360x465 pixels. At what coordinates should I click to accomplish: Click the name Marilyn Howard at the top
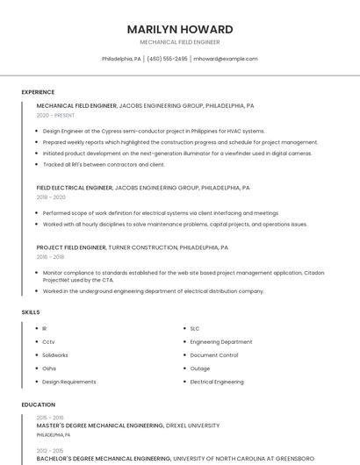(x=179, y=29)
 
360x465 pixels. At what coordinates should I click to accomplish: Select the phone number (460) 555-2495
(x=167, y=59)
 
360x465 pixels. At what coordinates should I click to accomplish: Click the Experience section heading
(x=38, y=92)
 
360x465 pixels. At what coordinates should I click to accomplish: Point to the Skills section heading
(x=30, y=311)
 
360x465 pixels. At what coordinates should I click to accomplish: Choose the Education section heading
(x=38, y=404)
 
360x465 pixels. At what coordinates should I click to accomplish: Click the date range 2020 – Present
(x=56, y=115)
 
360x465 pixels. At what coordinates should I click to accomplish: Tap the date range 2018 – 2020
(x=51, y=197)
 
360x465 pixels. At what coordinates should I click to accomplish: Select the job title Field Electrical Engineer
(x=75, y=188)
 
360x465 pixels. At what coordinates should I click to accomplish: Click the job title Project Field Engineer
(x=72, y=247)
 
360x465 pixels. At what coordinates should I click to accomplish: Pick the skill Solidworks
(x=55, y=355)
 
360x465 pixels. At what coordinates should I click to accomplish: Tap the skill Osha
(x=49, y=368)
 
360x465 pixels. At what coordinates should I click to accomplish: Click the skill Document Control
(x=213, y=355)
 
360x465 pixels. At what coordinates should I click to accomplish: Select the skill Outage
(x=199, y=368)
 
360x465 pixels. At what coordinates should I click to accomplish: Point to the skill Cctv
(x=48, y=341)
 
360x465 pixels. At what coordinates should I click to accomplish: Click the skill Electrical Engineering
(x=217, y=382)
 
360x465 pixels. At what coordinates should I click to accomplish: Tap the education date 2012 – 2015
(x=50, y=450)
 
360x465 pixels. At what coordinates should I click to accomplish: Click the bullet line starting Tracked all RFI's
(x=104, y=164)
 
